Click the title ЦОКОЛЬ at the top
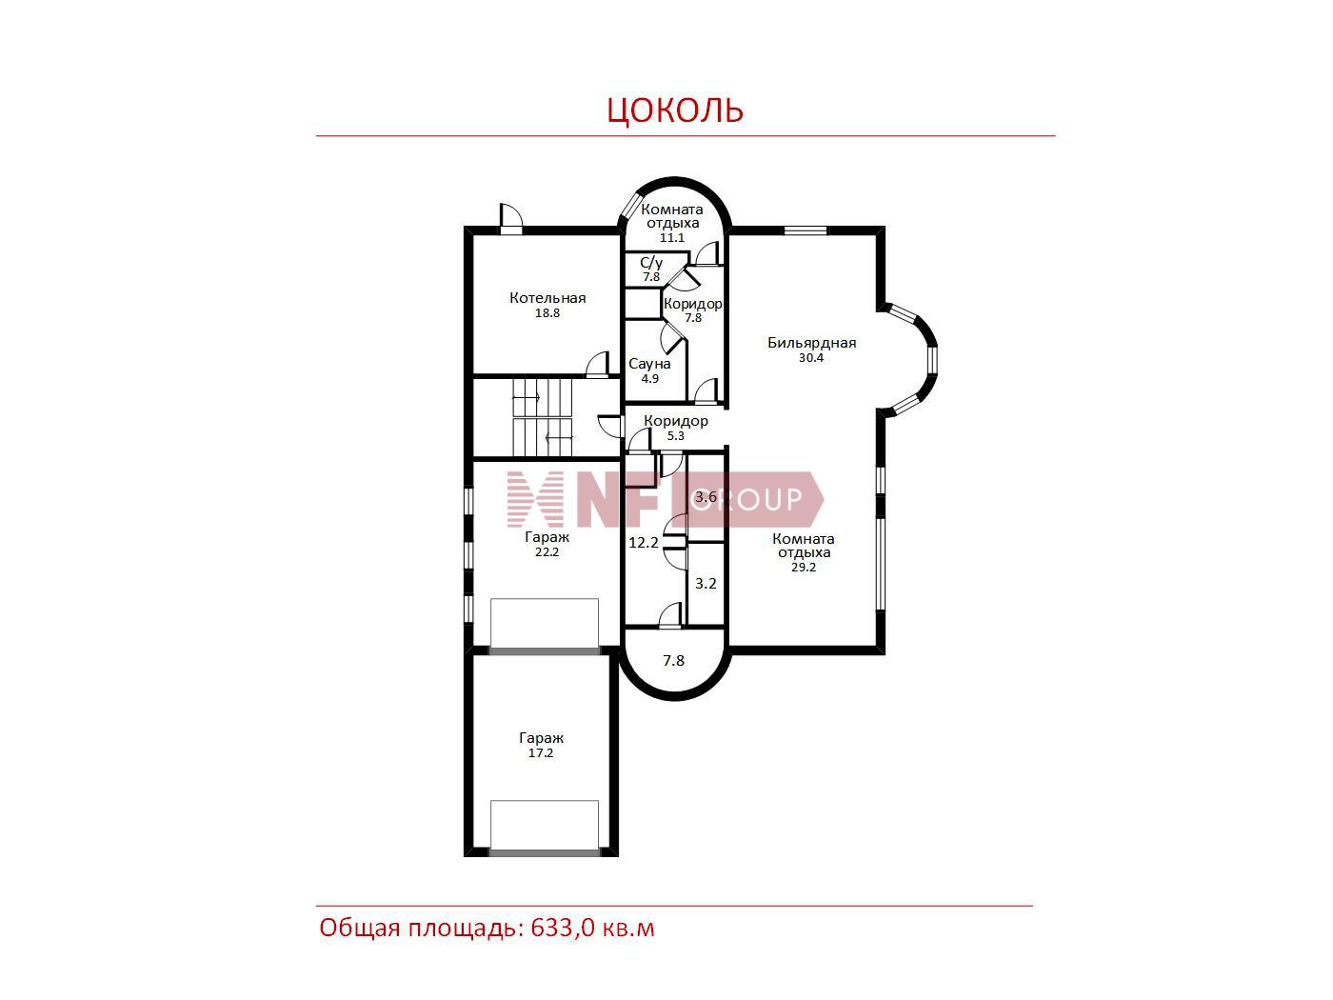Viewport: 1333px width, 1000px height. (675, 110)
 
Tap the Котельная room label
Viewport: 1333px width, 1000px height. (547, 298)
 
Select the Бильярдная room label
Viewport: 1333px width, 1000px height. (811, 343)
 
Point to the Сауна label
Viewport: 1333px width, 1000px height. (649, 364)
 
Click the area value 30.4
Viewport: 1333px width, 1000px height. (810, 358)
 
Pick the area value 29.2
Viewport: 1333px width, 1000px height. (804, 567)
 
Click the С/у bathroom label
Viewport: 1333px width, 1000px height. (651, 263)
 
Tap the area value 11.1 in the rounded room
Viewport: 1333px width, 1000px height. (671, 237)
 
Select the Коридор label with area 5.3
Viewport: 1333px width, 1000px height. (675, 421)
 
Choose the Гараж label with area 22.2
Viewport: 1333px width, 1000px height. (547, 537)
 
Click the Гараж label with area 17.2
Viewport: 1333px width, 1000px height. (541, 738)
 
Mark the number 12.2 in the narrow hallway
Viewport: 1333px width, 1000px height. (643, 542)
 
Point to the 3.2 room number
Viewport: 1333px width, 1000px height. (706, 584)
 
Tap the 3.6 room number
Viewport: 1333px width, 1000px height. (706, 496)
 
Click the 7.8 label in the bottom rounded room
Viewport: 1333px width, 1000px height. (673, 660)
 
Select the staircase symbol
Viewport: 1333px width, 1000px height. (543, 417)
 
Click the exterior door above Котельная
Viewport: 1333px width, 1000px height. (510, 218)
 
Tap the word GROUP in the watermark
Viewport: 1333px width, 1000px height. (747, 499)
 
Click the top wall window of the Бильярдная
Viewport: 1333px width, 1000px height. (805, 230)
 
